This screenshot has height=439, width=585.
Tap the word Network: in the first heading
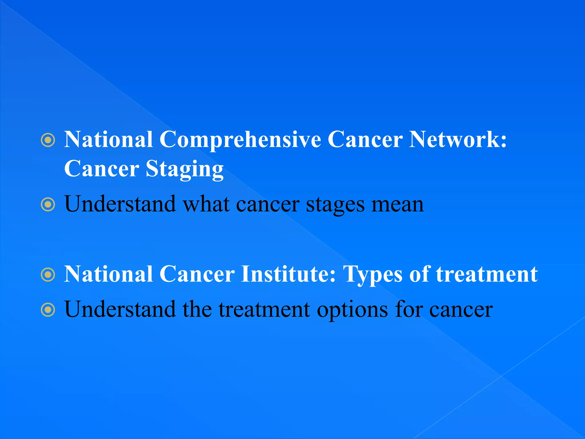(x=458, y=139)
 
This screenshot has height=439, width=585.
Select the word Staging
(x=185, y=169)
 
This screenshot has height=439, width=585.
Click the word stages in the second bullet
(x=335, y=205)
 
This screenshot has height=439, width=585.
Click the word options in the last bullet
(x=352, y=310)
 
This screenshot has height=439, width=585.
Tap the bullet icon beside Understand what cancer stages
(x=48, y=205)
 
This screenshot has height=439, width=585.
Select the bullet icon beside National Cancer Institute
(x=48, y=275)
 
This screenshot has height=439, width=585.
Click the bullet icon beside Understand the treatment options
(x=48, y=310)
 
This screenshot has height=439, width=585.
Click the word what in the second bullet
(x=206, y=205)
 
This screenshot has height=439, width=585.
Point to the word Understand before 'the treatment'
(x=120, y=310)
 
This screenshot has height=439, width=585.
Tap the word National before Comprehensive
(x=108, y=139)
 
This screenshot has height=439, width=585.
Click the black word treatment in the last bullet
(x=264, y=310)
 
